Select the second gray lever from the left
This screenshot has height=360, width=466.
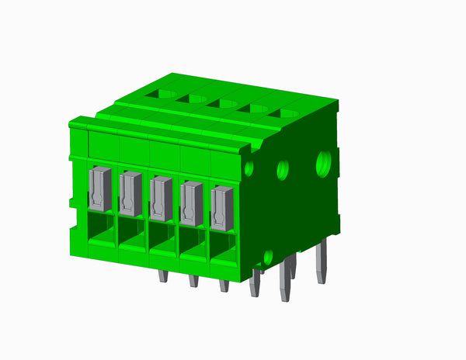click(x=130, y=194)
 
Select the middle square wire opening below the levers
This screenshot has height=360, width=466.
click(x=162, y=241)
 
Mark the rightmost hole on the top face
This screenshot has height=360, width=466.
click(x=286, y=114)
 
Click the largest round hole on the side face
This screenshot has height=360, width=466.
click(x=323, y=162)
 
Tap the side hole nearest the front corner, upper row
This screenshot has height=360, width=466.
click(x=249, y=168)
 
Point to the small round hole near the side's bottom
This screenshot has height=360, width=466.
click(x=268, y=256)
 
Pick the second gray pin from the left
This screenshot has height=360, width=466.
click(x=193, y=280)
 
